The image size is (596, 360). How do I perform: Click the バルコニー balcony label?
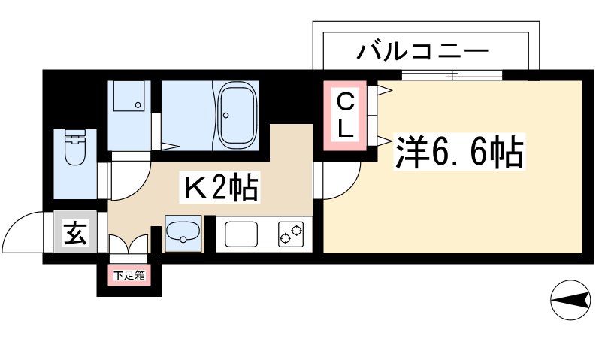click(x=423, y=52)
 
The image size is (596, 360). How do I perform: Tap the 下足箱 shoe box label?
click(x=129, y=276)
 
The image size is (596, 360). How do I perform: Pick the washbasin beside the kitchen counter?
click(x=183, y=234)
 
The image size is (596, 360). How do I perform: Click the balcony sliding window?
click(x=452, y=74)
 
